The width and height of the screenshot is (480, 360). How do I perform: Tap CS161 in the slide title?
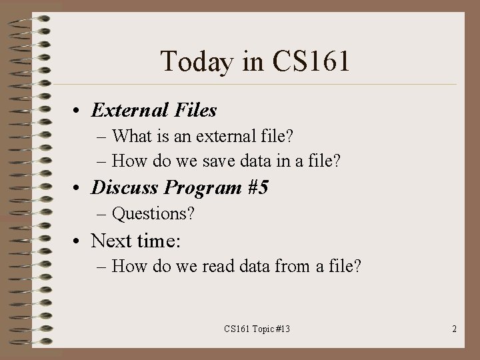click(x=311, y=62)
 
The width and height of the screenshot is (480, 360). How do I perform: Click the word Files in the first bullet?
click(x=196, y=109)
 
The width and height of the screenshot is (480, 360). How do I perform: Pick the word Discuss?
click(x=125, y=187)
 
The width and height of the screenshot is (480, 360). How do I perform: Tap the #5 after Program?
click(x=257, y=187)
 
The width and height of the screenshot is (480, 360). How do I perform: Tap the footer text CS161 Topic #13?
click(x=257, y=329)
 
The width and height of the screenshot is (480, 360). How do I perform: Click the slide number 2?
click(x=454, y=329)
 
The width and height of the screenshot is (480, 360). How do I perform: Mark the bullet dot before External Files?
click(x=78, y=111)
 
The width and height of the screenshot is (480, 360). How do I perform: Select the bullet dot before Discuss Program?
click(x=78, y=189)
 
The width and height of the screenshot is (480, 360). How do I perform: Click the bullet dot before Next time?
click(x=78, y=241)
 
